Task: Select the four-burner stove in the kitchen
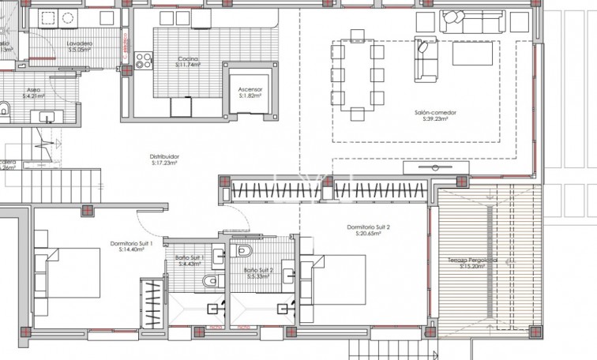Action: [144, 61]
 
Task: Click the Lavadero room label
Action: [81, 43]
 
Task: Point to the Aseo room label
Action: [34, 91]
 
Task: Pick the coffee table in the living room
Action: [475, 54]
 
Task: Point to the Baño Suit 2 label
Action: [258, 271]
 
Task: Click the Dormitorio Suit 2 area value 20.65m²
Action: [368, 234]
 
